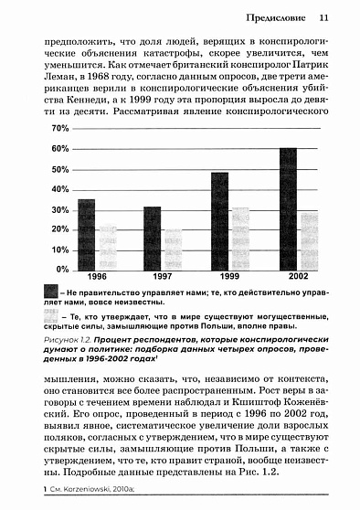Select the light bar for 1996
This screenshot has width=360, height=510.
(x=108, y=247)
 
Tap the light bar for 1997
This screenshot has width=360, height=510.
(x=174, y=250)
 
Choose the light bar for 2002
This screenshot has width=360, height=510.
(x=309, y=240)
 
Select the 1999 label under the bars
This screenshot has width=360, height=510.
(x=229, y=278)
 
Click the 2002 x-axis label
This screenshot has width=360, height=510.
(x=298, y=278)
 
